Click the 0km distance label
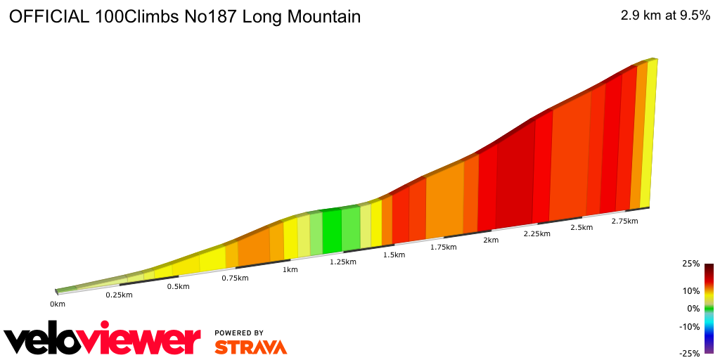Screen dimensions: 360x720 58,304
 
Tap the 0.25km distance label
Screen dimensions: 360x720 119,295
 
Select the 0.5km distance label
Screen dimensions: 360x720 178,286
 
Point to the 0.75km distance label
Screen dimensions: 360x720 235,278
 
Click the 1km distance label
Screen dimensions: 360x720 290,269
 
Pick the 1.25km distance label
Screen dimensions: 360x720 342,262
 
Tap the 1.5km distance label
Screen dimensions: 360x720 394,255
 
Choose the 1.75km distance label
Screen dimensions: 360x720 444,247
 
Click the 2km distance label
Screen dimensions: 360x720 491,240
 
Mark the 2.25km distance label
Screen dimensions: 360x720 536,233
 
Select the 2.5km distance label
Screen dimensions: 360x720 581,227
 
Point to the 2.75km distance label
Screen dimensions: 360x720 624,221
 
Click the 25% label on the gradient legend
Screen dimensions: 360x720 690,264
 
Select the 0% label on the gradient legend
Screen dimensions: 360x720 693,308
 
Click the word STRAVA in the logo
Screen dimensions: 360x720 250,347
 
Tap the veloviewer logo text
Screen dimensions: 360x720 103,340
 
